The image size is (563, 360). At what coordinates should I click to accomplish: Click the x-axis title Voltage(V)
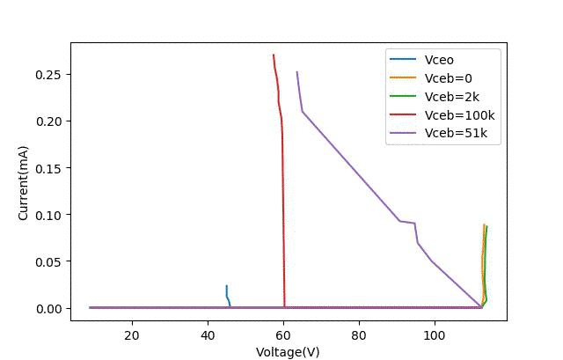288,352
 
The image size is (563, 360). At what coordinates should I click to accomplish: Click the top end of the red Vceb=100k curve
274,55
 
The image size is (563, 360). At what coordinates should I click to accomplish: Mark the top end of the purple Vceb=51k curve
297,72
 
